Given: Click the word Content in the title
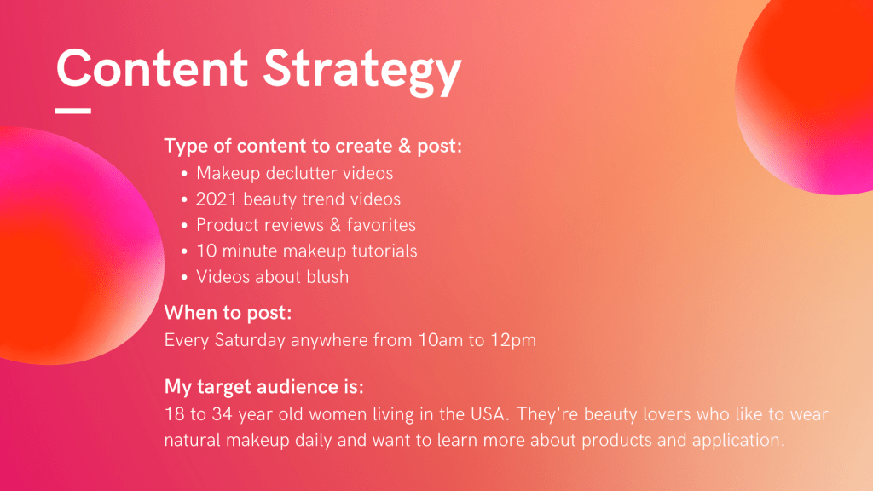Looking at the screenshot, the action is coord(152,68).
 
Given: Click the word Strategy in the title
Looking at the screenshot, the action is coord(362,72).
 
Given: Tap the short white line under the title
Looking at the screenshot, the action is coord(73,112).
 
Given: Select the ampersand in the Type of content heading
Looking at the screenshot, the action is coord(404,146).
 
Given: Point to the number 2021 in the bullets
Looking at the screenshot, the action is coord(217,199).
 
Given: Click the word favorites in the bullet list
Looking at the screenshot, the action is coord(381,225).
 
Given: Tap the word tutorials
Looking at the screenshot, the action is coord(384,251).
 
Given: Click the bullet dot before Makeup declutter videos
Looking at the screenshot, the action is coord(184,174).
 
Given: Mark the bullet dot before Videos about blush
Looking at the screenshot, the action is coord(184,278).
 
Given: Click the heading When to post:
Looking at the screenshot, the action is coord(228,313).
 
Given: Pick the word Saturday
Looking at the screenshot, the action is coord(250,340).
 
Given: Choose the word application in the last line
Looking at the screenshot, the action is coord(738,441).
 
